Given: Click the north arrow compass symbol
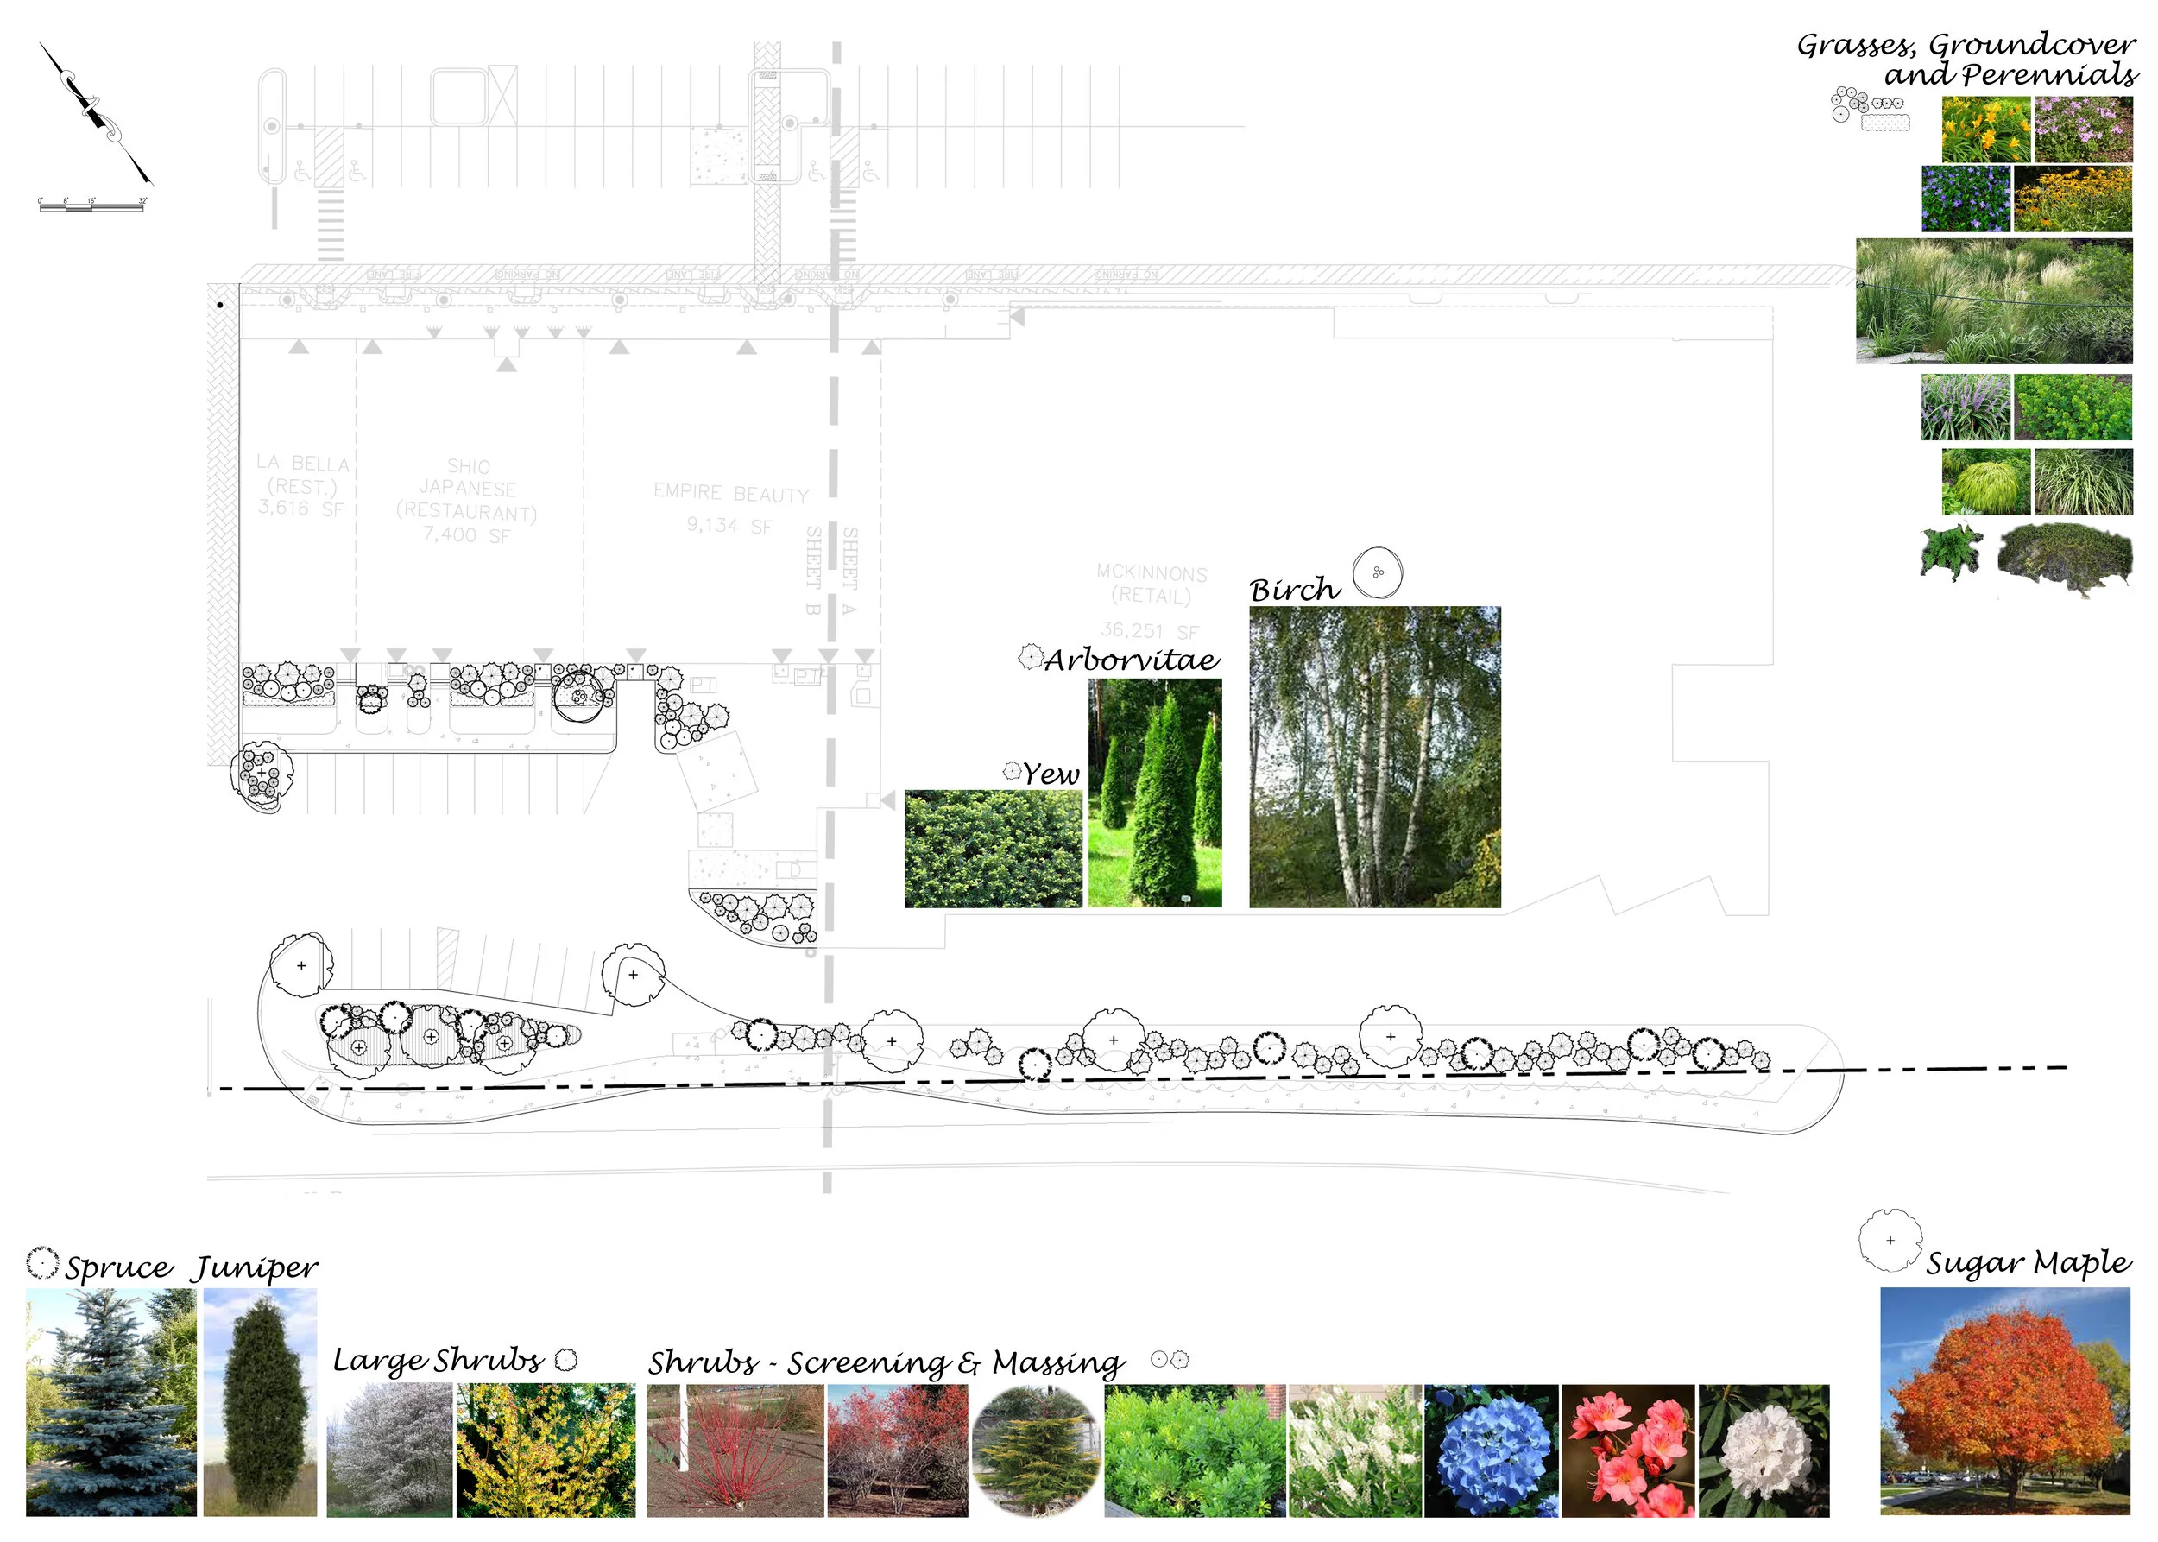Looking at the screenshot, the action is click(95, 112).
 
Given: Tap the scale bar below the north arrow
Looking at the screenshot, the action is click(91, 205).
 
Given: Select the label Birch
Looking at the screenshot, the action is click(1294, 590).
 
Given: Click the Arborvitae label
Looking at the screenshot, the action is click(1131, 659).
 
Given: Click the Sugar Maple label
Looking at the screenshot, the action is click(2028, 1262).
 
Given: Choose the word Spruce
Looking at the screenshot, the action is click(118, 1267).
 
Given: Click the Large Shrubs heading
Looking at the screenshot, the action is click(438, 1360).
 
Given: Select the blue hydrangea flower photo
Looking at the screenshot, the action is click(1491, 1450).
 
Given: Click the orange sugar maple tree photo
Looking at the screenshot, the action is click(2004, 1400).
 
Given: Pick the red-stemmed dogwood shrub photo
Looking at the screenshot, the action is click(735, 1450).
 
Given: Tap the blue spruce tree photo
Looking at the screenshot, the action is click(110, 1401).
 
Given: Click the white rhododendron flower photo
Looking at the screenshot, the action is click(1763, 1450).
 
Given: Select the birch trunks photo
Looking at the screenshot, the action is click(1374, 757).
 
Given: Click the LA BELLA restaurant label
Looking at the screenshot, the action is click(302, 485).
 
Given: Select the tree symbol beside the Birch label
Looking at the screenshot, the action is click(1377, 572).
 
